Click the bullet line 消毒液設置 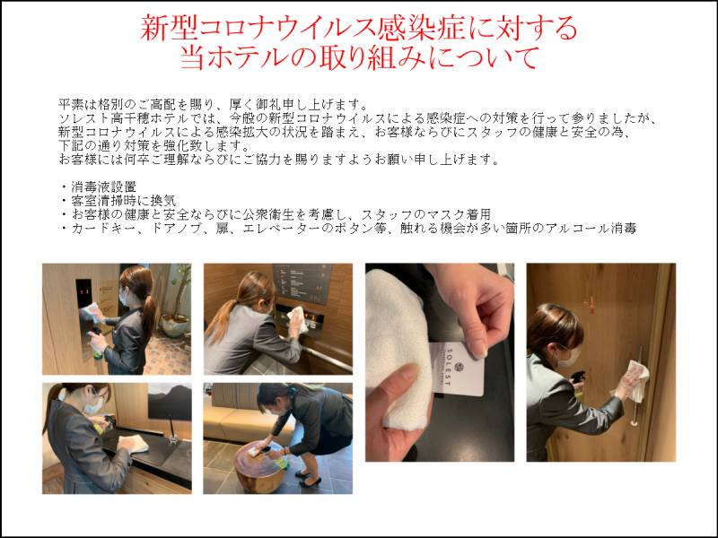point(103,187)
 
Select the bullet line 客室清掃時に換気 point(124,200)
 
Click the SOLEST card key point(458,369)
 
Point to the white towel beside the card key point(395,348)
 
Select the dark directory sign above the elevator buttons point(302,282)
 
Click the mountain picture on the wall point(170,403)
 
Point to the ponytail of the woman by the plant point(148,312)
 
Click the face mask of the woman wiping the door point(568,358)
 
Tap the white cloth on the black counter point(133,444)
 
